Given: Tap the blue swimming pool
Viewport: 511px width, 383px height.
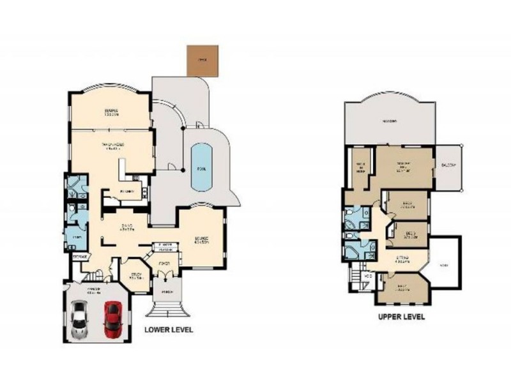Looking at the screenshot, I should (x=201, y=167).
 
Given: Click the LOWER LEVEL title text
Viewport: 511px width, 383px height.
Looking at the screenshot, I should (x=168, y=330).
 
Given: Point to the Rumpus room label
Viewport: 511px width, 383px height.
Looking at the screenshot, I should (x=112, y=112).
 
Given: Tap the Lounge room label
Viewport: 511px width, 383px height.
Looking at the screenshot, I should (x=202, y=241).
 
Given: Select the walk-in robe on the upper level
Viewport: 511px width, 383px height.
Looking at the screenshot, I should (x=361, y=167).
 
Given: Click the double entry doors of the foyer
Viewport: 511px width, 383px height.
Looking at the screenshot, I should (x=164, y=273).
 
